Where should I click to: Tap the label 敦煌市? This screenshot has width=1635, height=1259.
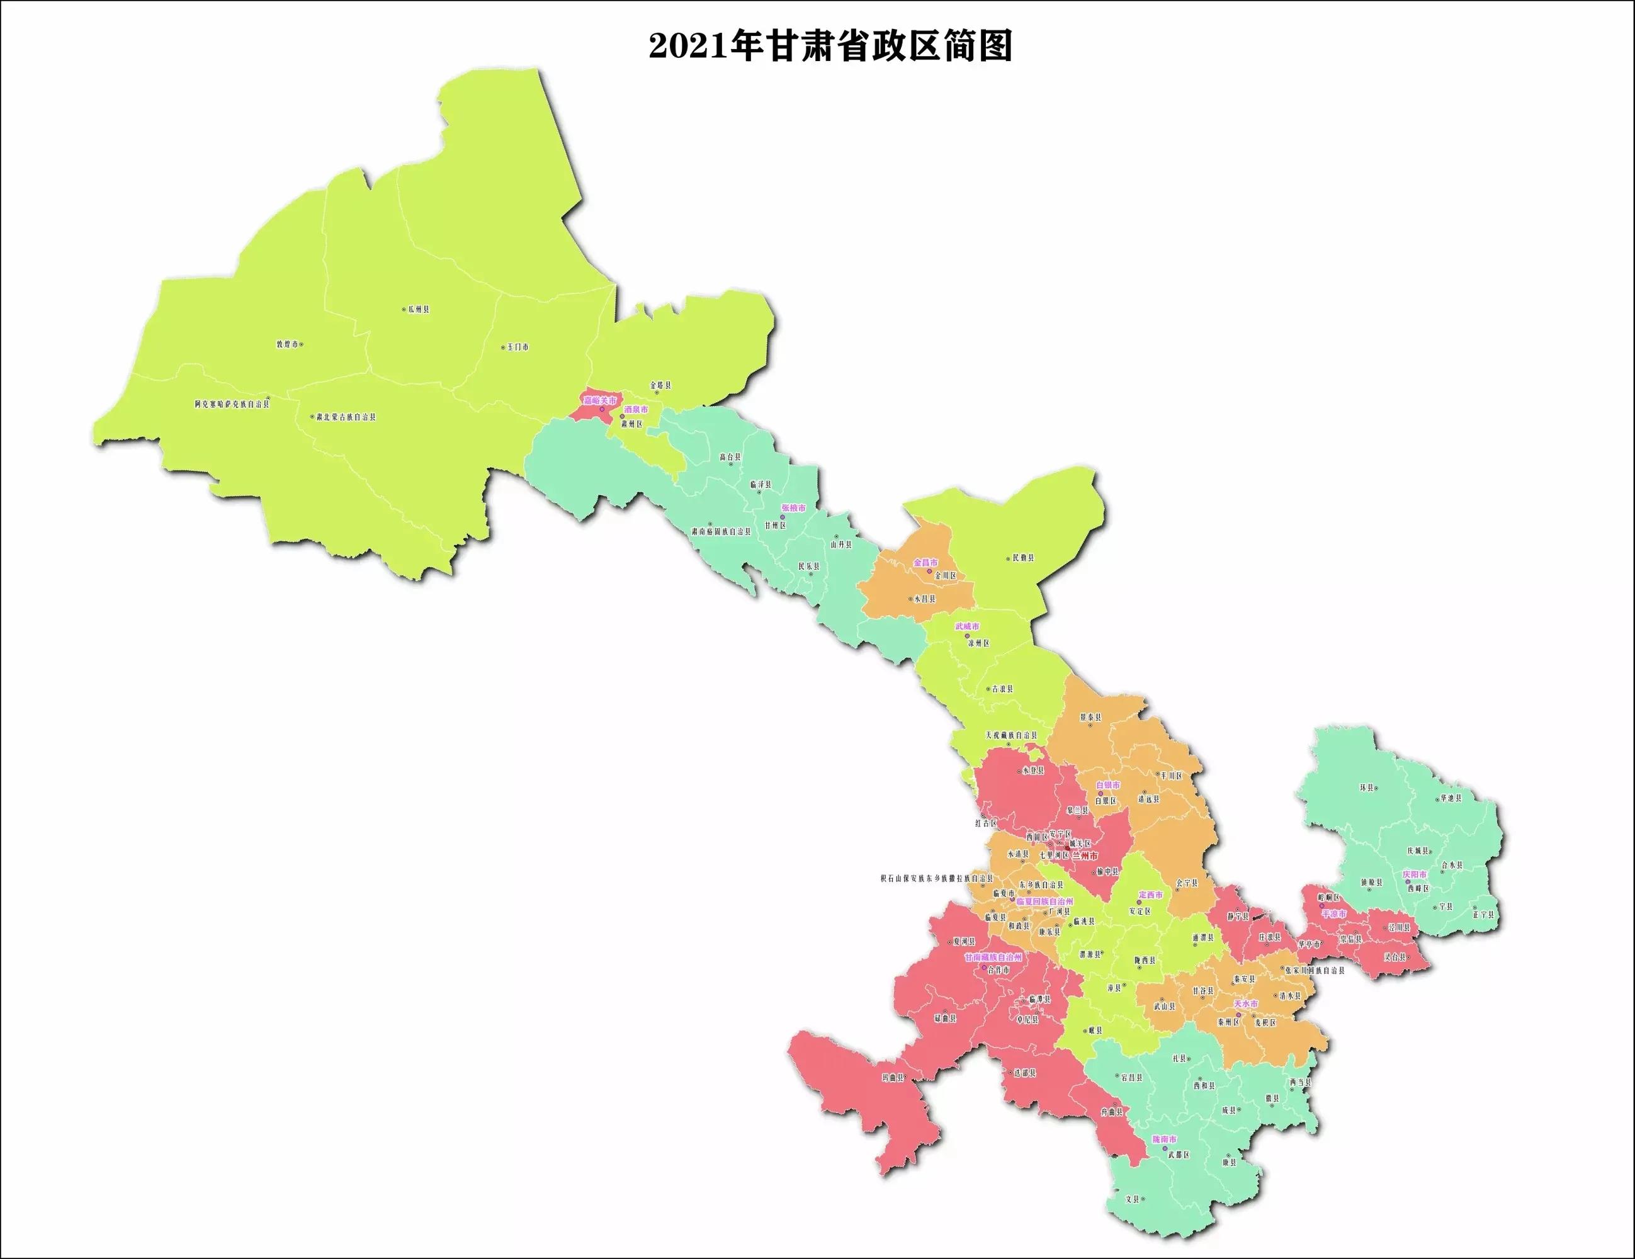pos(286,344)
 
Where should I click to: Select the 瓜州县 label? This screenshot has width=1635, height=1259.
pos(418,309)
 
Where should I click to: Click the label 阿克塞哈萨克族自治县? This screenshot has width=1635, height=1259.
pos(231,404)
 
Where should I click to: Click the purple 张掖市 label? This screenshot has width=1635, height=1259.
pos(793,507)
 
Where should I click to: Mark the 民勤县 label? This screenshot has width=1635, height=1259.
pos(1022,558)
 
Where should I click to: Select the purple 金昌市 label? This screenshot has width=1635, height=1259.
pos(925,562)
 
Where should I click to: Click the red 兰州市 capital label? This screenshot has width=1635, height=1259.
pos(1085,855)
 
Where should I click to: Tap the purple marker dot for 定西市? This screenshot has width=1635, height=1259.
pos(1140,903)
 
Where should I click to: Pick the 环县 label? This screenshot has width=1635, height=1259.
pos(1367,788)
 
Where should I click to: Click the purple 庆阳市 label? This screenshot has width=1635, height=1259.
pos(1414,874)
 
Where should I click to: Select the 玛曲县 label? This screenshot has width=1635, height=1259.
pos(894,1078)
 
